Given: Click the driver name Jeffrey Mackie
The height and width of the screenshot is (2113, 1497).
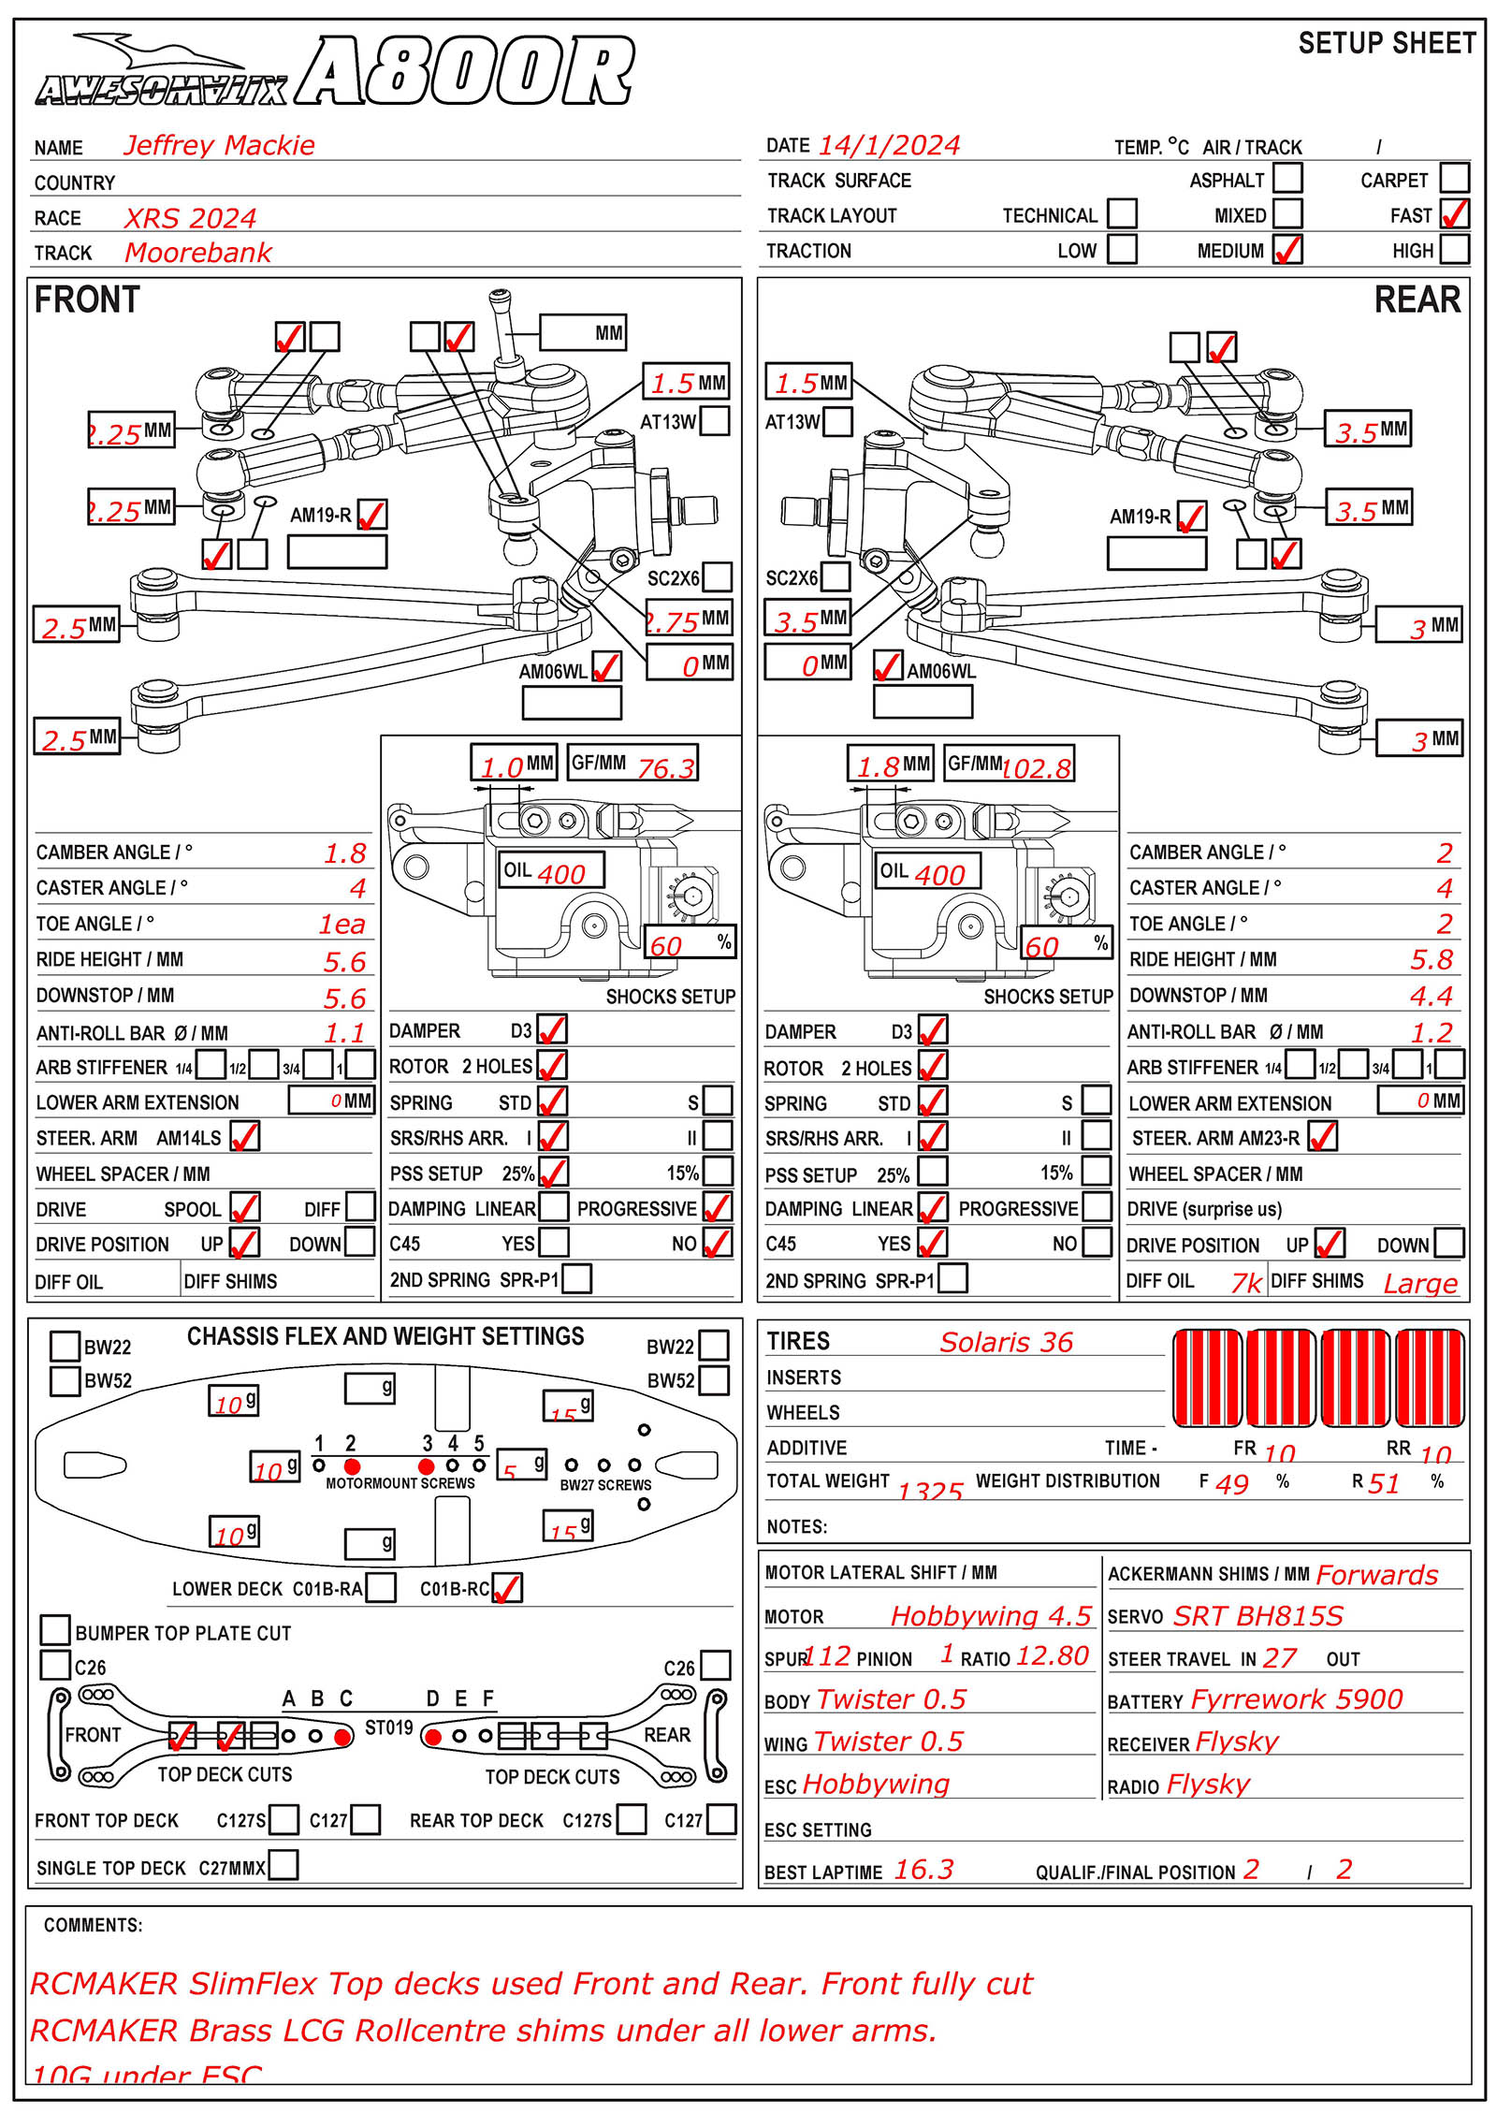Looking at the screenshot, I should pos(219,145).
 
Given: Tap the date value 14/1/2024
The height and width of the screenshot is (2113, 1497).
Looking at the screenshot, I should pos(888,145).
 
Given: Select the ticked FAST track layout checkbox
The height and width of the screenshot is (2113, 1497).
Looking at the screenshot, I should pos(1454,214).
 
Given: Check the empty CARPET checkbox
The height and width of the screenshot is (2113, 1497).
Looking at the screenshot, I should pos(1454,178).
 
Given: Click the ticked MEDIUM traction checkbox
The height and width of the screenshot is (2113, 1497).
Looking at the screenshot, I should pos(1287,250).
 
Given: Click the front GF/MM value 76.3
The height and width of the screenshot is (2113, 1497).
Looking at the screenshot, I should pos(665,768).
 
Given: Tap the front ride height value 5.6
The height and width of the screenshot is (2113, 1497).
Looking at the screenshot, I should pos(345,961).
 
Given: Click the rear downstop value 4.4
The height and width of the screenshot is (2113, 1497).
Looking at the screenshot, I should pos(1431,996).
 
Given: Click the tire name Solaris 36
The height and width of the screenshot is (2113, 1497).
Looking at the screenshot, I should pos(1006,1342).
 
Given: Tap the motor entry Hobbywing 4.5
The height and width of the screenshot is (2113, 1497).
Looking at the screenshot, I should pos(990,1615).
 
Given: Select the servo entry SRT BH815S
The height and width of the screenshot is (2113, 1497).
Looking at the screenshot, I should pos(1257,1615).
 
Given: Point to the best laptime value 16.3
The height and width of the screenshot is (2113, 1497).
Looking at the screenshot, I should pos(923,1869).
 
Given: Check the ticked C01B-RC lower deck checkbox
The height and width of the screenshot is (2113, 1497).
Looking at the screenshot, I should pos(507,1587).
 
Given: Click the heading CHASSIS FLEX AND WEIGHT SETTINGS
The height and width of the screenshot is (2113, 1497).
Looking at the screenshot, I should pos(385,1336).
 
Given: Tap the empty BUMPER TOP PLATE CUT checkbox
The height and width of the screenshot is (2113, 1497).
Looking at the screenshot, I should pos(56,1629).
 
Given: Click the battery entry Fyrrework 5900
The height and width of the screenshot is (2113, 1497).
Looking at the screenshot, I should pos(1296,1698).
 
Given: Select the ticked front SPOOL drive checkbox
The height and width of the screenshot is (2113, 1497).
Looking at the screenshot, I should pos(245,1207).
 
